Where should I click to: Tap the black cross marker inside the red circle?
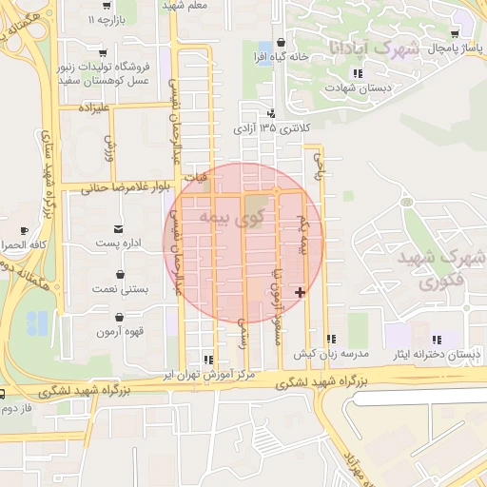302,292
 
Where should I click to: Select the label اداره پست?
119,244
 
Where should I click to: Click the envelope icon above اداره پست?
118,229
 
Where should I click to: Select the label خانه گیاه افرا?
282,56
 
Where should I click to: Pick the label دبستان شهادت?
357,88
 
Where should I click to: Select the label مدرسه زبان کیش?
330,354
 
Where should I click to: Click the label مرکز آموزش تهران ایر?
209,375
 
